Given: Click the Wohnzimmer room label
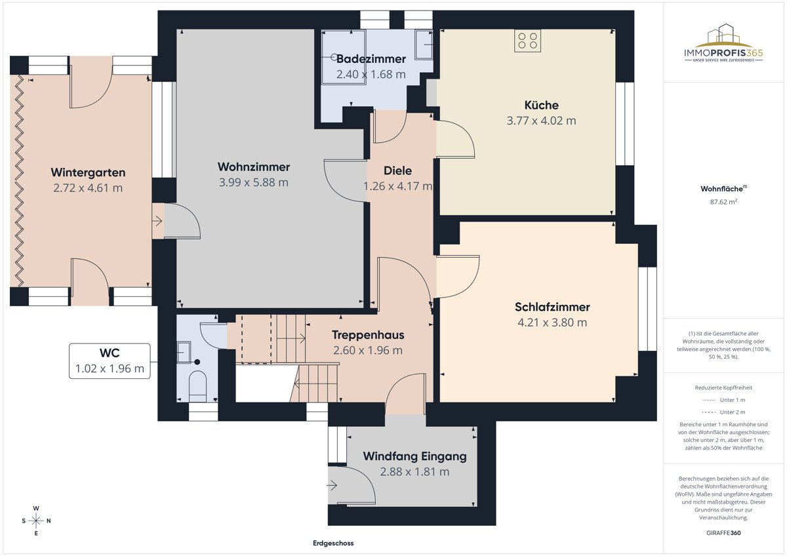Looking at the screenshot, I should [x=253, y=167].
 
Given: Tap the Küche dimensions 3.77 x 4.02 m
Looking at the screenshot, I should [x=541, y=121].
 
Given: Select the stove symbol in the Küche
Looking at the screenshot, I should [x=527, y=41].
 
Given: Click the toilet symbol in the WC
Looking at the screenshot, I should [x=197, y=386].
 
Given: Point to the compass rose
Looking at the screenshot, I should [x=37, y=521].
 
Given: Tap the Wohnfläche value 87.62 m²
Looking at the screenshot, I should [x=724, y=203].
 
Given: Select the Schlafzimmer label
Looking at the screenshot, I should [x=552, y=307].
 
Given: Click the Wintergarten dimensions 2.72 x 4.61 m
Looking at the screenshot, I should [x=88, y=188].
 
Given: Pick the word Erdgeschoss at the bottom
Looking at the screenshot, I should [x=333, y=544].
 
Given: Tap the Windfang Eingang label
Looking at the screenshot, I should [x=414, y=456].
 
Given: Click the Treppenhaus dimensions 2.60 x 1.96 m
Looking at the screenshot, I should [x=367, y=350].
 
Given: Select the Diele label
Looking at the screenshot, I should [x=397, y=171].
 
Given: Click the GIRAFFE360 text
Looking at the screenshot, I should [x=724, y=532].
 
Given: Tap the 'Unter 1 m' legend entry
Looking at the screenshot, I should [x=724, y=399].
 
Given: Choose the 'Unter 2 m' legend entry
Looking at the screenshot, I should [x=724, y=412].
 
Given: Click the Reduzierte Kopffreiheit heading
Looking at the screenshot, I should [x=724, y=387].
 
